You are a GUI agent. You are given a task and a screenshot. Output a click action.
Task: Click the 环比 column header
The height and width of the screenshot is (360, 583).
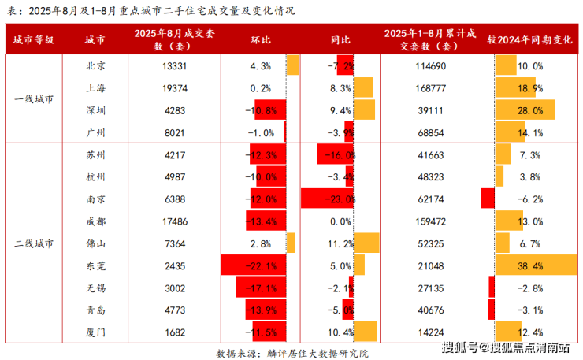click(260, 39)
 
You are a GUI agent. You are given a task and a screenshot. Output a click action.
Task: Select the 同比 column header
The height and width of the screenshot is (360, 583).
click(340, 39)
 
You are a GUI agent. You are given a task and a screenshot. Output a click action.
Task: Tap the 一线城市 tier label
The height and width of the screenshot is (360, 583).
click(34, 99)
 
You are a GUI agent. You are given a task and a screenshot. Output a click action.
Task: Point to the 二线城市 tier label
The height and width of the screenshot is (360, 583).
click(34, 243)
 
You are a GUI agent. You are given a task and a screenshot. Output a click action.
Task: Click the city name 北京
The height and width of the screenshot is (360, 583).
click(95, 66)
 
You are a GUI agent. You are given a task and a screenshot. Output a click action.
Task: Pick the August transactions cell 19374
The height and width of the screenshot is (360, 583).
click(175, 88)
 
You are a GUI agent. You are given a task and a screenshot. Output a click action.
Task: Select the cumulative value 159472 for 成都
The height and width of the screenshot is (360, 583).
click(431, 221)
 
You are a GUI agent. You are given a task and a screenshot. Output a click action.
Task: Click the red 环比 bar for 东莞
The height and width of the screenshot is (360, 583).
click(253, 265)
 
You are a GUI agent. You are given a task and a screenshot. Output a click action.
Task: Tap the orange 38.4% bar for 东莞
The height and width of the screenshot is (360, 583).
click(536, 265)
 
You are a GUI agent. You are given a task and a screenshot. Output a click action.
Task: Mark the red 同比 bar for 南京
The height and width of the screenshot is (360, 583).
click(327, 199)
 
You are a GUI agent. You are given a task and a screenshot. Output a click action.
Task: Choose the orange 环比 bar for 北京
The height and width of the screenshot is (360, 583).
click(293, 65)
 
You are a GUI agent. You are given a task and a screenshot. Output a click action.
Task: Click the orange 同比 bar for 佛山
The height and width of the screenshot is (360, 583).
click(366, 243)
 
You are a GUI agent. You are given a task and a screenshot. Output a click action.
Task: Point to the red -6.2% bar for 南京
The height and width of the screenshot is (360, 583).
click(488, 199)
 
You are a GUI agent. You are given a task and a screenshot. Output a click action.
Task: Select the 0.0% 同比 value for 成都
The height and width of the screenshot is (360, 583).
click(340, 221)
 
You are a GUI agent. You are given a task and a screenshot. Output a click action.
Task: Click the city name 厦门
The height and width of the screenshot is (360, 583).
click(95, 332)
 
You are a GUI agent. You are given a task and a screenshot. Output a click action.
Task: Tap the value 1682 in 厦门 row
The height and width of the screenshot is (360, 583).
click(175, 332)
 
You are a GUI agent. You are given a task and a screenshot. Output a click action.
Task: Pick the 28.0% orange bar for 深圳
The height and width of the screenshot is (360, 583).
click(525, 109)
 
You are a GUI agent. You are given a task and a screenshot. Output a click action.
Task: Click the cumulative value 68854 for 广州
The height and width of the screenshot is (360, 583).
click(431, 133)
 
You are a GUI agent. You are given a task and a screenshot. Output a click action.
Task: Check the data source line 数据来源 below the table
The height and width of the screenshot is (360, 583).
click(292, 354)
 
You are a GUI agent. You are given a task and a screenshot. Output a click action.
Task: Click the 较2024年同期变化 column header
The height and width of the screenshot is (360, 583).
click(529, 39)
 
